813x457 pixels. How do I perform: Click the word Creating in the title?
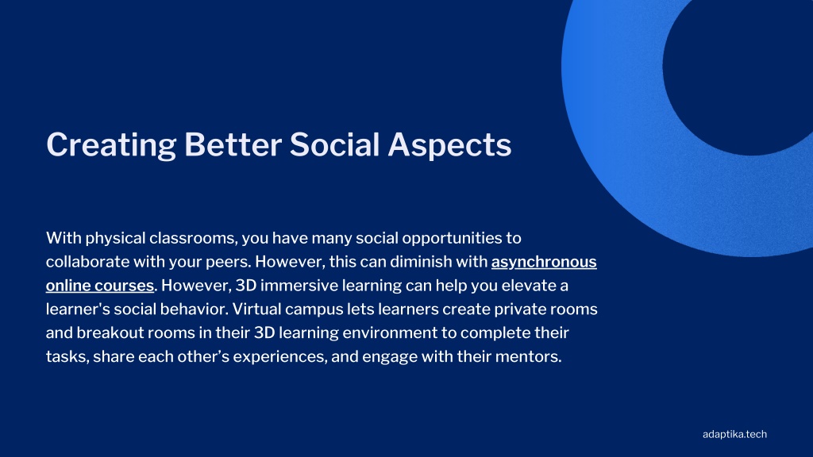pyautogui.click(x=111, y=144)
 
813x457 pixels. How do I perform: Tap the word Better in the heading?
pyautogui.click(x=233, y=144)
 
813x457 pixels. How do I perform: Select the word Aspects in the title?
pyautogui.click(x=449, y=145)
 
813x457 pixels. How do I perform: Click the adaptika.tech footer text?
pyautogui.click(x=734, y=434)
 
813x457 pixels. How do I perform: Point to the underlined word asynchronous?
pyautogui.click(x=544, y=262)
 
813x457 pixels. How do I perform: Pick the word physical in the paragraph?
pyautogui.click(x=115, y=238)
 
